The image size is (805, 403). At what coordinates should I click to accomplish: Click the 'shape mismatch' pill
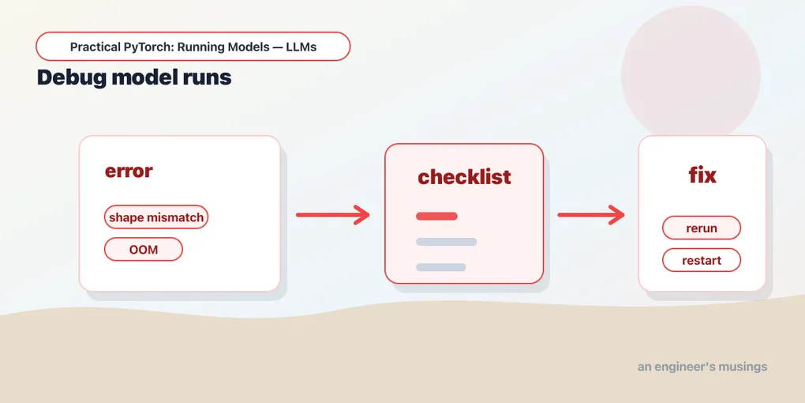point(156,217)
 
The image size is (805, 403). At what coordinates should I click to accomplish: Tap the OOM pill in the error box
point(144,250)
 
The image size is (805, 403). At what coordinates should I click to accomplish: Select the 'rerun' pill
point(702,228)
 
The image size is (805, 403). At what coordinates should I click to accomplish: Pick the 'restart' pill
point(702,260)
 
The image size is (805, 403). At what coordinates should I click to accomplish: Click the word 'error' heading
point(129,171)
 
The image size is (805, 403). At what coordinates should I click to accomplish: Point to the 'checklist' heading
point(464,177)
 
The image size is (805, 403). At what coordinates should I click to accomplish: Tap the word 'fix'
point(702,175)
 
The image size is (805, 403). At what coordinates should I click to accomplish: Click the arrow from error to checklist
point(333,215)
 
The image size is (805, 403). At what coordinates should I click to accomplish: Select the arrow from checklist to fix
point(591,215)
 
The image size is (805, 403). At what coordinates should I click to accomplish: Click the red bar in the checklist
point(436,216)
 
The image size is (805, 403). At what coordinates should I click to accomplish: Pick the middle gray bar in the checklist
point(446,242)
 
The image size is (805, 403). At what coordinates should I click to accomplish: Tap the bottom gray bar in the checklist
point(440,267)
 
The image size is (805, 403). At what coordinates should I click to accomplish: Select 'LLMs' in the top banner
point(301,47)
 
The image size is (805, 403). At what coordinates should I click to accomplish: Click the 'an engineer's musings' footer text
point(702,367)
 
